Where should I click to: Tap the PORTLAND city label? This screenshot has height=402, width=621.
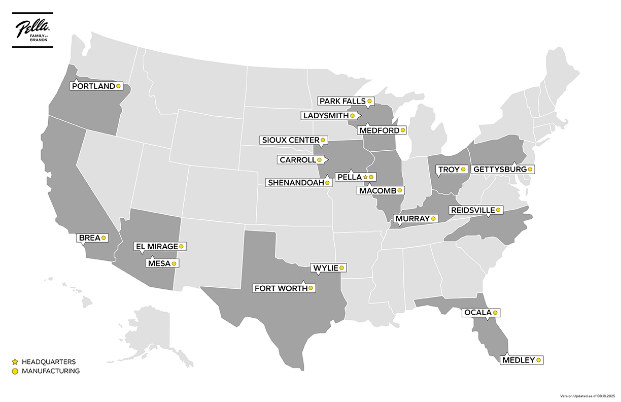[94, 86]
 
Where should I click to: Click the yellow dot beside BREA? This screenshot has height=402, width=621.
[103, 238]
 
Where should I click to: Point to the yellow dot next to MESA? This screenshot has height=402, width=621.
[174, 263]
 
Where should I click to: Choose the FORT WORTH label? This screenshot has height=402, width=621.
[281, 288]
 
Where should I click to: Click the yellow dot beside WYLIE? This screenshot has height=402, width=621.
[342, 267]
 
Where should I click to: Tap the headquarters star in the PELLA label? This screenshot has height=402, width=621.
[365, 177]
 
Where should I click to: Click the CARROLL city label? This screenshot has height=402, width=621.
[297, 160]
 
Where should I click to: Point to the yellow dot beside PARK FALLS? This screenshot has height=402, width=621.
[369, 101]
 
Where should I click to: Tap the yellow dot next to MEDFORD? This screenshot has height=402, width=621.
[403, 130]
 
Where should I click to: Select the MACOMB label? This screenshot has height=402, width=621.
[377, 191]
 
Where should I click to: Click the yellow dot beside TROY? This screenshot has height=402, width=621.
[463, 169]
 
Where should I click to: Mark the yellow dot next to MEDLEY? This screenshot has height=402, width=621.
[539, 360]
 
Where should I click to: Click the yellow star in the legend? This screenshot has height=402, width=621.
[15, 362]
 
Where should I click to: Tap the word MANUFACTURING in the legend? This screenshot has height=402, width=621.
[51, 371]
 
